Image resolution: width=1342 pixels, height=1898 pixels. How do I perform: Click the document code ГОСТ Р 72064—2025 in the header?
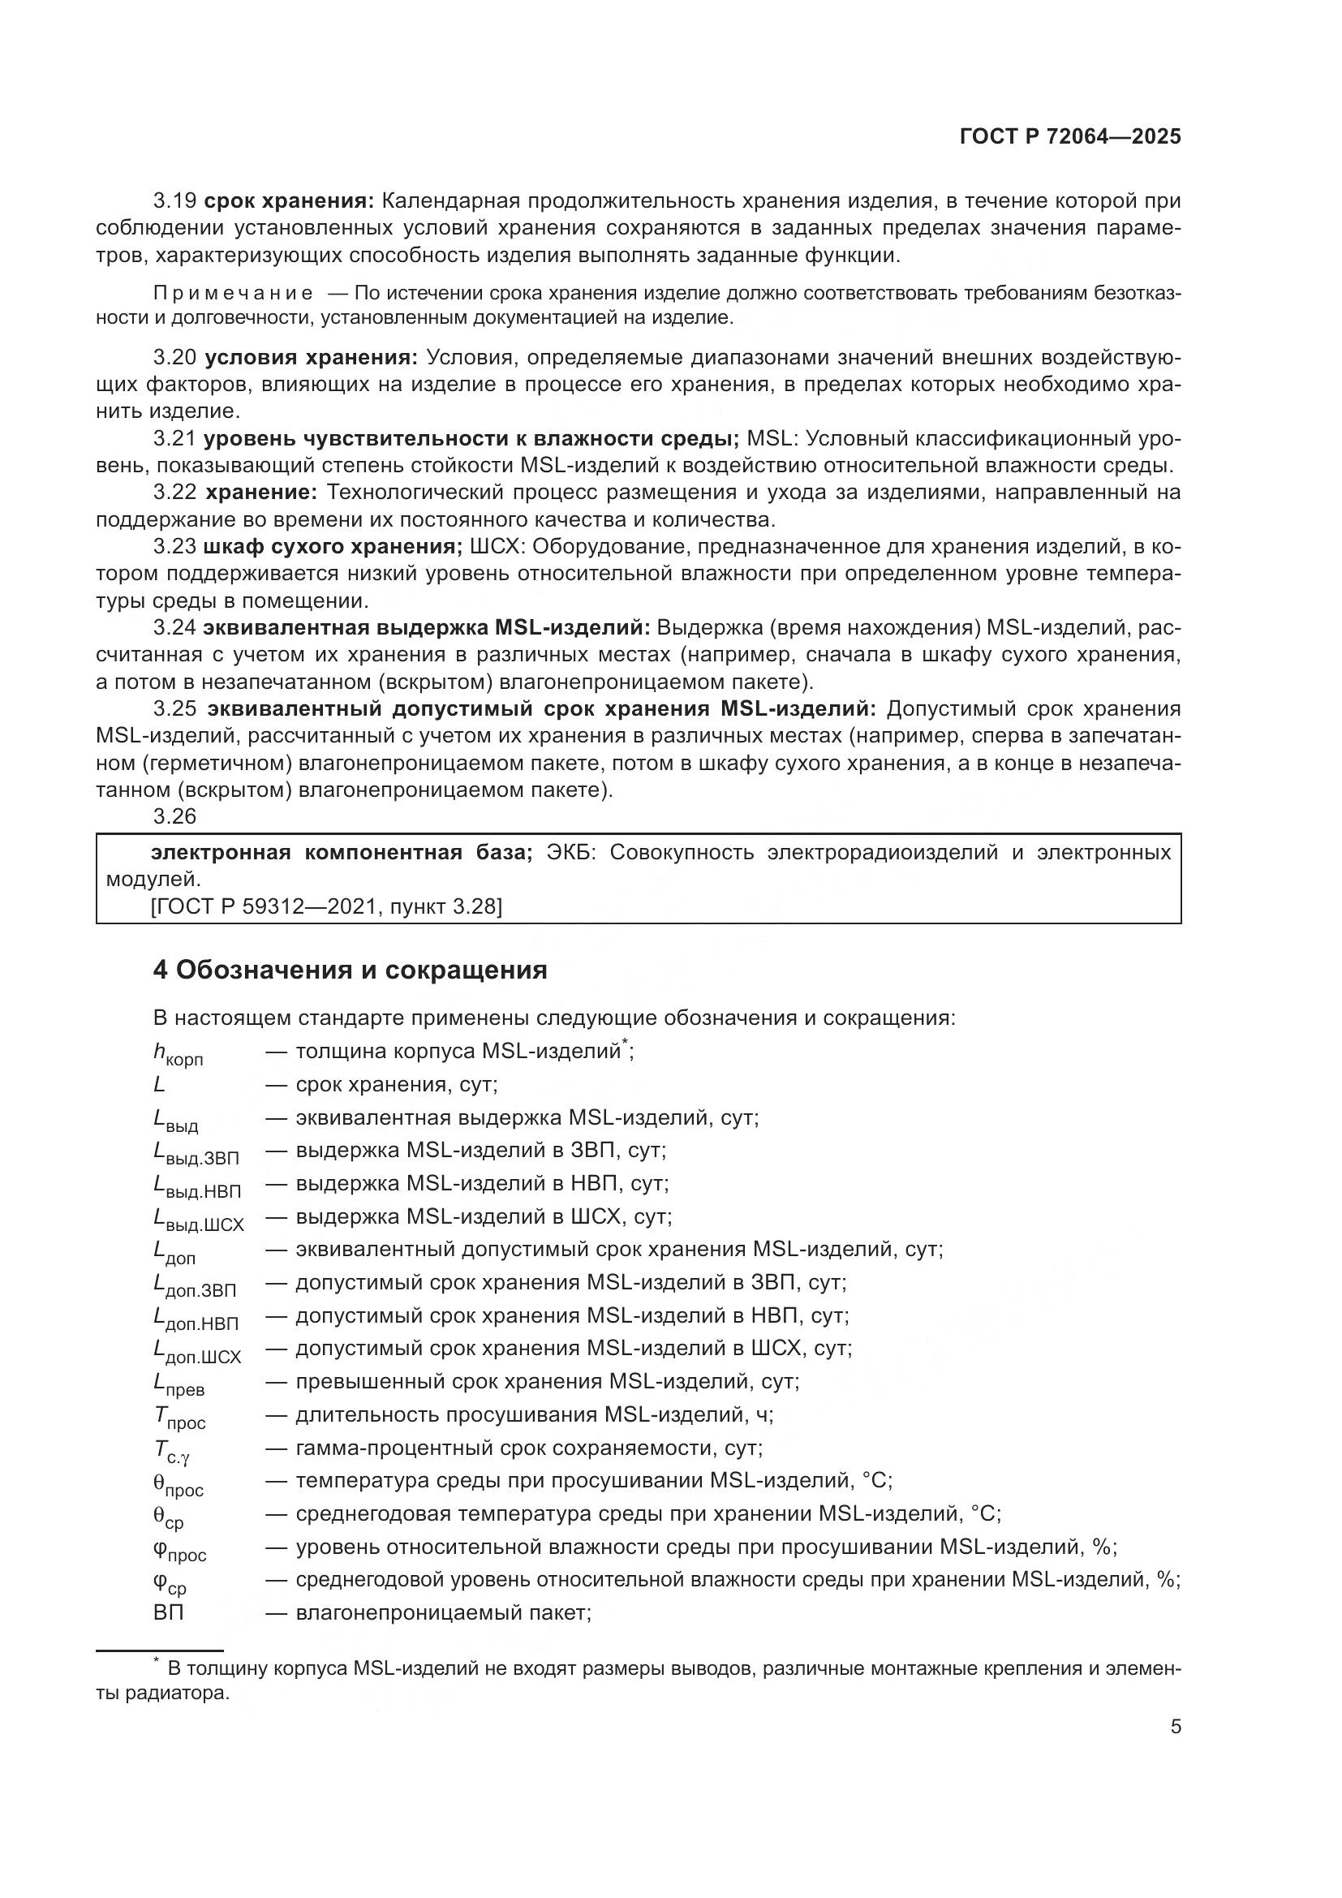click(x=1070, y=136)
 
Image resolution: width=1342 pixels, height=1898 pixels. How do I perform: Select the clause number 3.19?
click(x=174, y=201)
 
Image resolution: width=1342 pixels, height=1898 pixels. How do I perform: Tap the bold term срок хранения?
click(x=289, y=201)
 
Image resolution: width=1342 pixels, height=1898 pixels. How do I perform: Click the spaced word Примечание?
click(x=233, y=294)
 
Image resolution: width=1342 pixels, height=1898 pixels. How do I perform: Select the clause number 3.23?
click(x=174, y=546)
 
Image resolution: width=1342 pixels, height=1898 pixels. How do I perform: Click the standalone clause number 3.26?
click(x=174, y=817)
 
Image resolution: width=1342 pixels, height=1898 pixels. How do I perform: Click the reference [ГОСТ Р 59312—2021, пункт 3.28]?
click(x=326, y=907)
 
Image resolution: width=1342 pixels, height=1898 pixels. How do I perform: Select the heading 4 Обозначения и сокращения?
click(x=350, y=970)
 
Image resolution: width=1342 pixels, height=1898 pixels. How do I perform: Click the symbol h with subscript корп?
click(x=177, y=1054)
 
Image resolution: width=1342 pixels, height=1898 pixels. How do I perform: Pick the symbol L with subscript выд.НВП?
click(x=196, y=1187)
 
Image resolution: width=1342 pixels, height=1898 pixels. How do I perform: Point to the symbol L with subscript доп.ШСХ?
click(x=196, y=1352)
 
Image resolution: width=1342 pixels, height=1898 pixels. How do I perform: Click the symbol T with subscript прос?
click(x=179, y=1418)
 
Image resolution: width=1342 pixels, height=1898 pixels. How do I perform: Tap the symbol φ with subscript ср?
click(x=170, y=1583)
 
